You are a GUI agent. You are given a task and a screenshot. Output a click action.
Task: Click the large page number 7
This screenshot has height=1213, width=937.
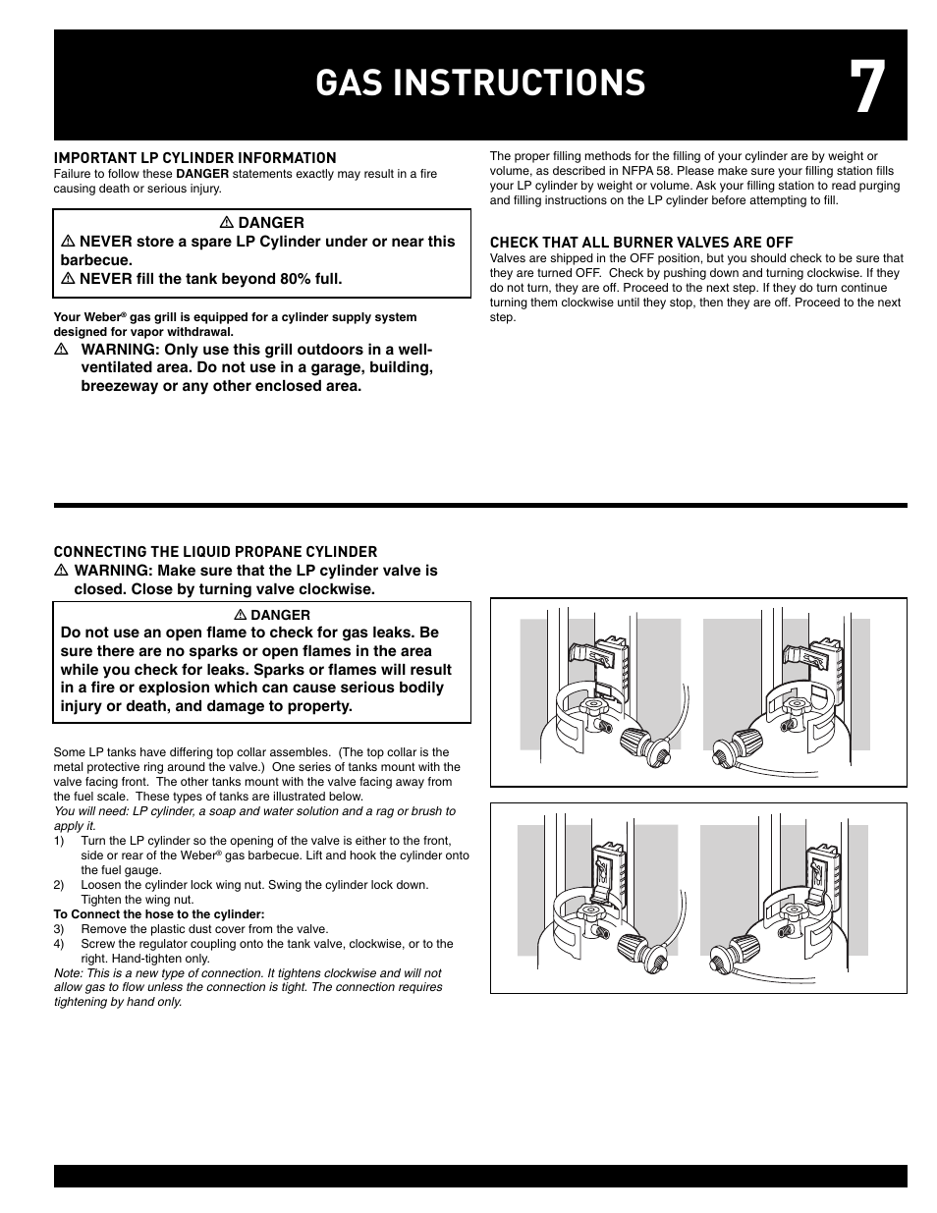point(867,88)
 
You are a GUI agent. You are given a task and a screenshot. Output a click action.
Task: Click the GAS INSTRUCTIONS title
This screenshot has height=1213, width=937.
point(480,84)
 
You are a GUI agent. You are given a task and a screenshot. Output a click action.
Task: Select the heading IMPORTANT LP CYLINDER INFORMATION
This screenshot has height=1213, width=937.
point(194,158)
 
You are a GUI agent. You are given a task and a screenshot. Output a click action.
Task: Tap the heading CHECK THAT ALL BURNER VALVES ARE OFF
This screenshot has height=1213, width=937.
point(641,243)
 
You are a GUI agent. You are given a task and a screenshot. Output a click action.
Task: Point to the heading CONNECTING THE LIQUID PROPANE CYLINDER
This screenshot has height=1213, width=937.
point(215,552)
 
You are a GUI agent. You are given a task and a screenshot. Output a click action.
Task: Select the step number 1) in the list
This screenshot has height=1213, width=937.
point(59,841)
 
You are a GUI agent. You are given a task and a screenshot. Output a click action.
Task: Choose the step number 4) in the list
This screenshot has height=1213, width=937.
point(59,944)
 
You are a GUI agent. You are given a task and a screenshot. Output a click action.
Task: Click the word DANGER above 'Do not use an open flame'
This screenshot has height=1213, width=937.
point(280,615)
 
